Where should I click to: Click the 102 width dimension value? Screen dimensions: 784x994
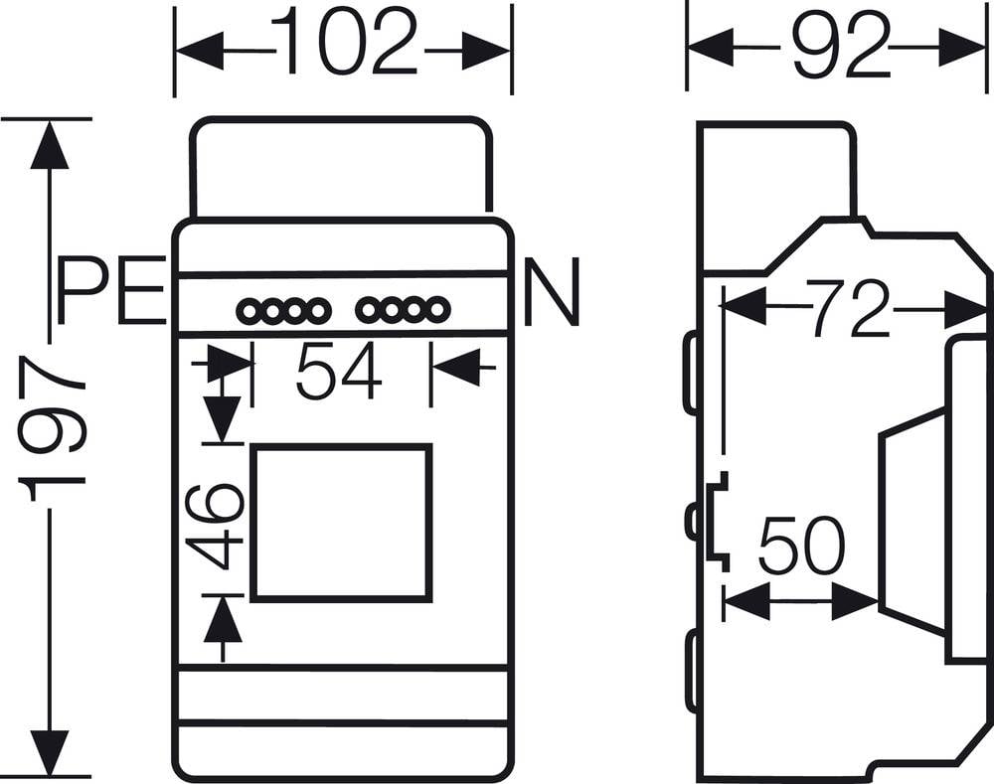click(x=344, y=43)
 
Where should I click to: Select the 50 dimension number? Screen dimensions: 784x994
click(x=800, y=548)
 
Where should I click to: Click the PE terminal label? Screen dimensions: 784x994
click(x=110, y=291)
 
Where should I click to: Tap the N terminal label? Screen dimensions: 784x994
click(x=550, y=292)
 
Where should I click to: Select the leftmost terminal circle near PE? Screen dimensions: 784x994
click(x=248, y=312)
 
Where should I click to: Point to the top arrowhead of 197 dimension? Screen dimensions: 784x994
click(x=50, y=145)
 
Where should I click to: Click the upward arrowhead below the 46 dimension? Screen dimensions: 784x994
click(x=223, y=621)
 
